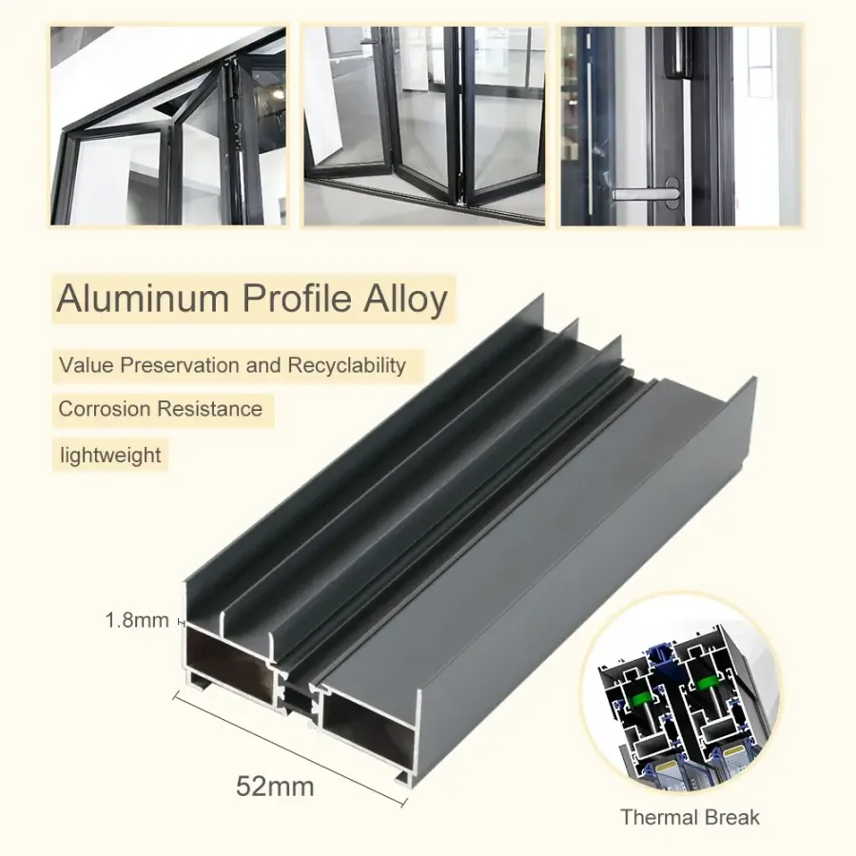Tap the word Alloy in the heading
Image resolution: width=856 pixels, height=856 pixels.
(x=405, y=300)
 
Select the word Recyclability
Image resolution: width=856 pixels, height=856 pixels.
(x=346, y=365)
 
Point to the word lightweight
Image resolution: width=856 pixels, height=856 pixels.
(x=110, y=455)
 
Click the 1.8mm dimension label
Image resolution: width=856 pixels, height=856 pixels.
(x=137, y=620)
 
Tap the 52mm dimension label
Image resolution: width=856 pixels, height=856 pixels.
(x=275, y=787)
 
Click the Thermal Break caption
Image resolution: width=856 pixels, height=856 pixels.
(x=690, y=817)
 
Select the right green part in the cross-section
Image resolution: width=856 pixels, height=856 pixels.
(x=707, y=683)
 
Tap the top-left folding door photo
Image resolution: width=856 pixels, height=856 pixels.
(x=168, y=126)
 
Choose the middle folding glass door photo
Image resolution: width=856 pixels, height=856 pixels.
(x=424, y=126)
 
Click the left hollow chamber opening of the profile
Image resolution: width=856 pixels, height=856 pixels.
(x=230, y=664)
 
